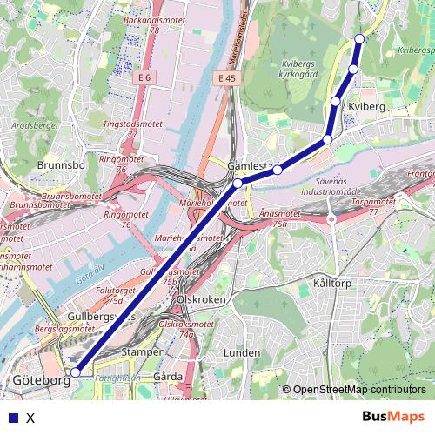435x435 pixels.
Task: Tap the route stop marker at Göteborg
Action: coord(76,371)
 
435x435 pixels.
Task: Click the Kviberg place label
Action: coord(365,105)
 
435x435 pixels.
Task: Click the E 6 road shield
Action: coord(144,78)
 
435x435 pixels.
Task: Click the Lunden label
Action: coord(242,352)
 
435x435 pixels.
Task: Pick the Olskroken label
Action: coord(201,298)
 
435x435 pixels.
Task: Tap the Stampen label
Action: coord(144,352)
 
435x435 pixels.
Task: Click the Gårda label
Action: coord(167,377)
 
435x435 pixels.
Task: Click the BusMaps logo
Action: coord(392,417)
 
